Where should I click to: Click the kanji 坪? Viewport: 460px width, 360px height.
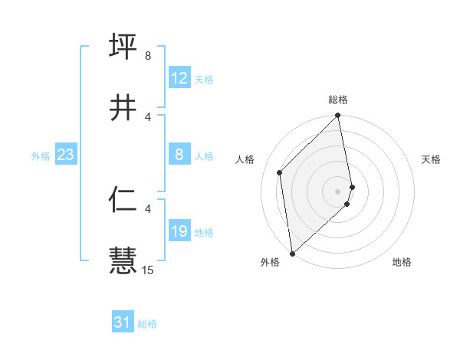(123, 45)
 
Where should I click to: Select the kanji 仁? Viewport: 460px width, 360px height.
(123, 199)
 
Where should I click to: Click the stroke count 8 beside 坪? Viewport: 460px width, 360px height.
(147, 56)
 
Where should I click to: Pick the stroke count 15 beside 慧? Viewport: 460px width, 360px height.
(148, 270)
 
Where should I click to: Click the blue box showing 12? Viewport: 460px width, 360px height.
(179, 78)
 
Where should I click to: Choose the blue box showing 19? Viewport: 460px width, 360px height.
(179, 232)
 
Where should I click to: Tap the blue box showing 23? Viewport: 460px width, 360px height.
(65, 155)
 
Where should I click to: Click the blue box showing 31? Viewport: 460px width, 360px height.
(122, 322)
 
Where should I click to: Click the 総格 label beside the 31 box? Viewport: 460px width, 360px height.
(147, 324)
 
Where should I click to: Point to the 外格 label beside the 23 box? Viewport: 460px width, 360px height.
(41, 156)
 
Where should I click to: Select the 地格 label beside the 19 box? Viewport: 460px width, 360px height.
(204, 233)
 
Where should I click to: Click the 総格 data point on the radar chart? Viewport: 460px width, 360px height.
(338, 116)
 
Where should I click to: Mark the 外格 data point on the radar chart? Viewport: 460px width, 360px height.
(292, 253)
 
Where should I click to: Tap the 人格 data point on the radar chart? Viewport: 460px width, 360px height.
(280, 172)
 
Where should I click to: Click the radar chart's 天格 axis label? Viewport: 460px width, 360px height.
(431, 159)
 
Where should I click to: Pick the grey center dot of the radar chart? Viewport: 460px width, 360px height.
(338, 191)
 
